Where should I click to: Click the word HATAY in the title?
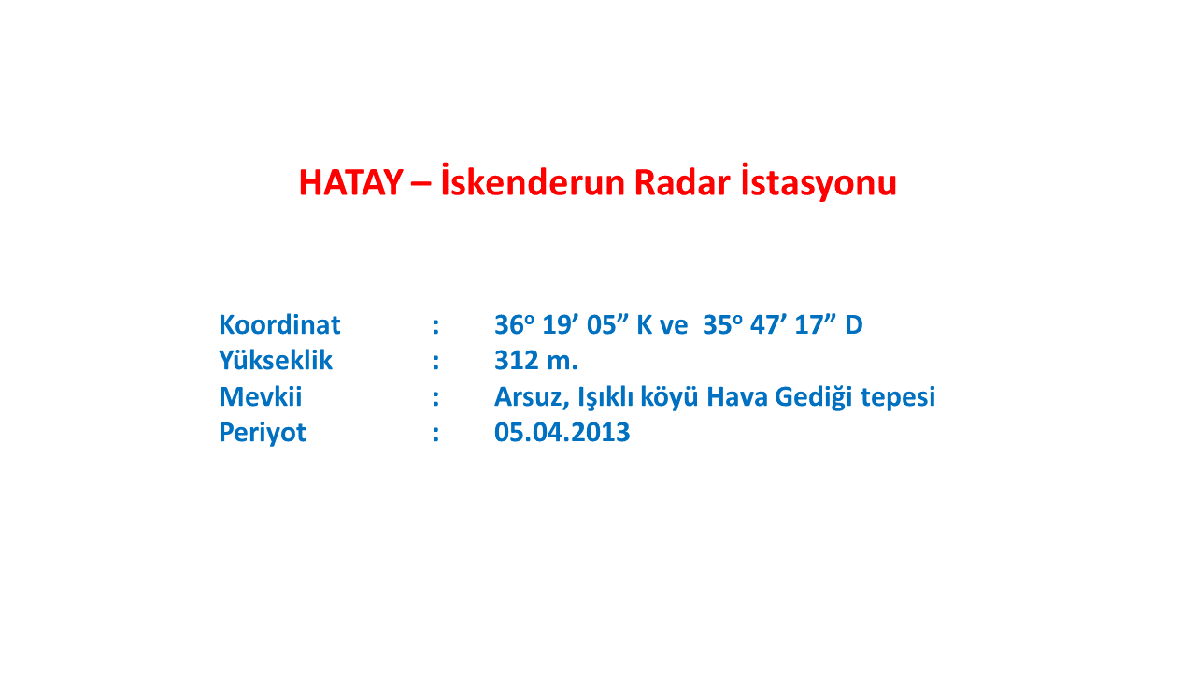click(x=350, y=182)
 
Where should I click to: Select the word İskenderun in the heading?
click(x=533, y=181)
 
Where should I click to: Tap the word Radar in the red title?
click(x=682, y=182)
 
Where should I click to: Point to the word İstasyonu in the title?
click(x=819, y=182)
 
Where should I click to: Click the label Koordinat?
click(x=279, y=324)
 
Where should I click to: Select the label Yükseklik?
click(x=276, y=360)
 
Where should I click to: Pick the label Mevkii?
click(x=261, y=396)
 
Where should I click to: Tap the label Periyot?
click(x=263, y=433)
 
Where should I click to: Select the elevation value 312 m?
click(x=536, y=361)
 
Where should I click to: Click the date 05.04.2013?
click(x=562, y=432)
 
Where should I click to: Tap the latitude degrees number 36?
click(x=509, y=324)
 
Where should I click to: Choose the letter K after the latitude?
click(x=645, y=324)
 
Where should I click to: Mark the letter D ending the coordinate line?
click(x=854, y=324)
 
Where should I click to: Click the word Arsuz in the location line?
click(x=532, y=397)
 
